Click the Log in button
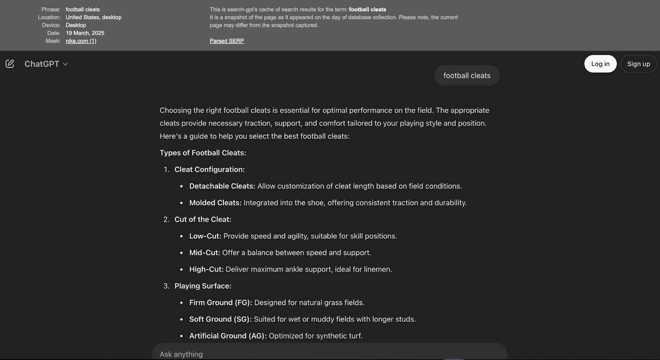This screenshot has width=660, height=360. pyautogui.click(x=600, y=64)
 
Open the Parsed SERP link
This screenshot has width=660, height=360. pyautogui.click(x=226, y=41)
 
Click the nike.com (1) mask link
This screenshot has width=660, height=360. pyautogui.click(x=81, y=41)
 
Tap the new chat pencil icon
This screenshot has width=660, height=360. pyautogui.click(x=10, y=64)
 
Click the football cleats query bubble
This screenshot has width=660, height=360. pyautogui.click(x=467, y=75)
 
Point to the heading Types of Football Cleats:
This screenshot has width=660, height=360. pyautogui.click(x=203, y=153)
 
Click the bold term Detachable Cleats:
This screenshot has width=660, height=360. pyautogui.click(x=222, y=186)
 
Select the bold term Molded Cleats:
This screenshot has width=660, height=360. pyautogui.click(x=215, y=202)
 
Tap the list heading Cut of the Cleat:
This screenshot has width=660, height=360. pyautogui.click(x=203, y=219)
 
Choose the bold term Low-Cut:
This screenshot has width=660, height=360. pyautogui.click(x=205, y=236)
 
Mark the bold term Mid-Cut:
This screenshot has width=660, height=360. pyautogui.click(x=205, y=252)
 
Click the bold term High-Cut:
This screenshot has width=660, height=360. pyautogui.click(x=206, y=269)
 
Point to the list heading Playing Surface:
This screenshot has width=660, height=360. pyautogui.click(x=203, y=286)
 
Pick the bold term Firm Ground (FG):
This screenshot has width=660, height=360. pyautogui.click(x=220, y=302)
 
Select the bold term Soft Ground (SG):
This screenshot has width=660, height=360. pyautogui.click(x=220, y=319)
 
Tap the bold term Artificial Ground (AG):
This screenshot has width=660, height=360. pyautogui.click(x=228, y=336)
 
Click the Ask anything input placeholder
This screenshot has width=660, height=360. pyautogui.click(x=181, y=354)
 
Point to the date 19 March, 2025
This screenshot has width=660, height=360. pyautogui.click(x=85, y=33)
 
